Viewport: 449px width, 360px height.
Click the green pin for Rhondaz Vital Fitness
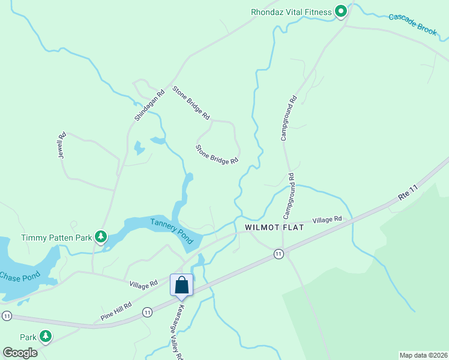[341, 11]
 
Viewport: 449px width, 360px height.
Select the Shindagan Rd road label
[149, 106]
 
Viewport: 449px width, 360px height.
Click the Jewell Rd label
[61, 145]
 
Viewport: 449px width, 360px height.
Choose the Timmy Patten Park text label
[56, 238]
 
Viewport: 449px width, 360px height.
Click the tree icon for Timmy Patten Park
[101, 238]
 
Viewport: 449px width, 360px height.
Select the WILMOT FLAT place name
[274, 228]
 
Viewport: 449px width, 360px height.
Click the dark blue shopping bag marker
[182, 286]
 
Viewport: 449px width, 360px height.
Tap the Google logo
[20, 352]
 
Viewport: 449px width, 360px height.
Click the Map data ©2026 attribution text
[423, 355]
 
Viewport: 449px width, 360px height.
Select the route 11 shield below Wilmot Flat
[279, 254]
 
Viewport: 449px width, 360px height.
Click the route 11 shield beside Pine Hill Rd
[147, 312]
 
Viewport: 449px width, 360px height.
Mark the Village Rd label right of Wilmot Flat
[327, 220]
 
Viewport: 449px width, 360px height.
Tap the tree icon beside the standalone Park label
[45, 337]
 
